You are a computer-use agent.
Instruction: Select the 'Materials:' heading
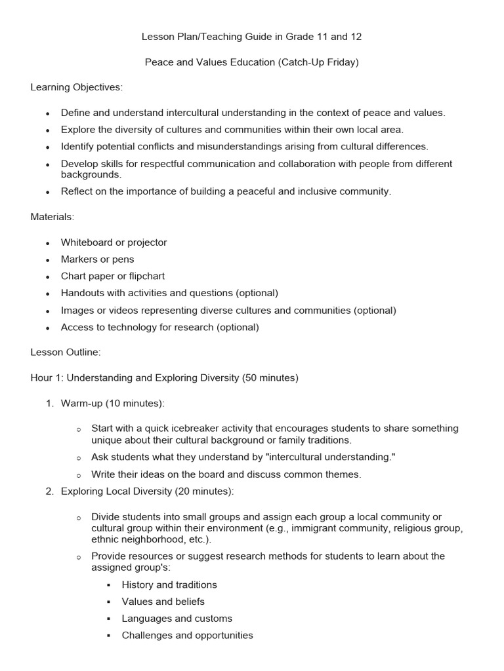[52, 217]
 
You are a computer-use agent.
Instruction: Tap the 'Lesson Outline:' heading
[66, 352]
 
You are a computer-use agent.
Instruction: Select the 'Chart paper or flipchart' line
[113, 276]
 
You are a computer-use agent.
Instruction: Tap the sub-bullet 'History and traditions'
[169, 585]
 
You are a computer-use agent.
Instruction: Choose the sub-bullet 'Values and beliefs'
[163, 602]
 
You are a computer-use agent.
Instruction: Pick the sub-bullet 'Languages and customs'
[177, 619]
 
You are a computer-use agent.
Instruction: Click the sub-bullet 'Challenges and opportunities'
[188, 636]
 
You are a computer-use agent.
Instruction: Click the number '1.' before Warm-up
[50, 403]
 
